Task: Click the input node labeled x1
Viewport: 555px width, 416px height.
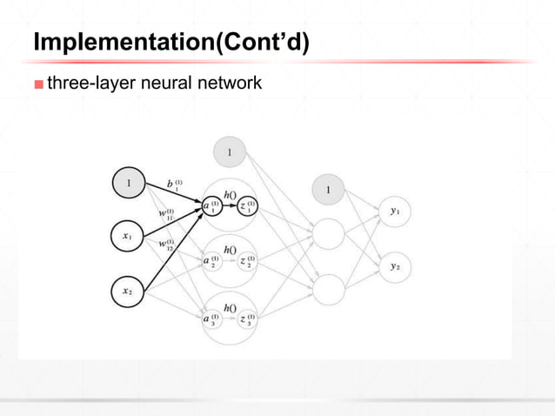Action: click(x=127, y=236)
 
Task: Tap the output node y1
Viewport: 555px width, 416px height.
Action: click(x=396, y=211)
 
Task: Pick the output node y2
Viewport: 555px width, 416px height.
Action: click(x=396, y=267)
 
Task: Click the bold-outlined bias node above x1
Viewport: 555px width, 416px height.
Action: click(x=128, y=184)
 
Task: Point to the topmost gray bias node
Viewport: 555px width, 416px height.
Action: click(x=229, y=152)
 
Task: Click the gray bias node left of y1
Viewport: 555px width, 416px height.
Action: click(x=328, y=190)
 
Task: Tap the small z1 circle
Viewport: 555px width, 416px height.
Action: click(x=247, y=207)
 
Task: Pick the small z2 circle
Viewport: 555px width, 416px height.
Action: click(x=247, y=262)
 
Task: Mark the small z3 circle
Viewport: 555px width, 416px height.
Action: click(x=247, y=319)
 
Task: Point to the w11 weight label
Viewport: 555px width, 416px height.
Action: click(x=165, y=212)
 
